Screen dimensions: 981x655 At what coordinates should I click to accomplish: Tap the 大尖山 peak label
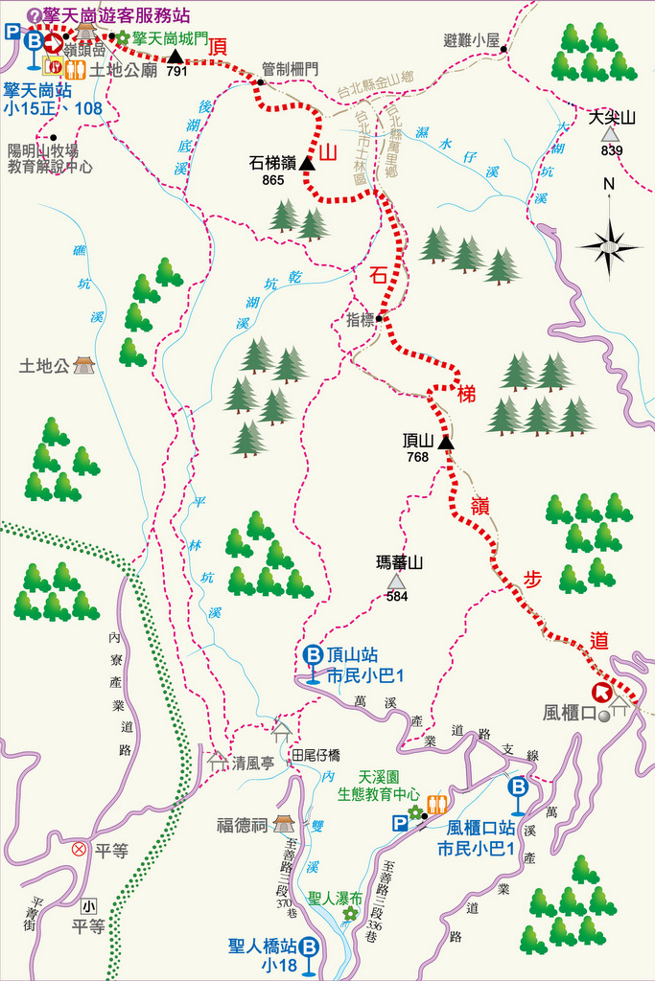[612, 119]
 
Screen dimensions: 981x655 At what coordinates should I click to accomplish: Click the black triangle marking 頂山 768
[445, 442]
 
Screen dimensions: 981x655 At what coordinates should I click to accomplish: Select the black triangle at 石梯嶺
[307, 163]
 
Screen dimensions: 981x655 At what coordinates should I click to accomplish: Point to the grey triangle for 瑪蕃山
[396, 581]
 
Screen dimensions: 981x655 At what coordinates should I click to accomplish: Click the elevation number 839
[612, 150]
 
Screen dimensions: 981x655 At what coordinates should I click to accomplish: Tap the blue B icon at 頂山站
[313, 655]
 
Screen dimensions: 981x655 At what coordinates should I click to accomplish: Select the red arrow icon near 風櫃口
[602, 692]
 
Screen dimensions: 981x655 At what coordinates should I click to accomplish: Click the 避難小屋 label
[472, 40]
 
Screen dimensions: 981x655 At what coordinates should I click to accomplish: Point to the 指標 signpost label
[361, 321]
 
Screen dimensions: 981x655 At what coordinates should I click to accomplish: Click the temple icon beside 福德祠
[284, 824]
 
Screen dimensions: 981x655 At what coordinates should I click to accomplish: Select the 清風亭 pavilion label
[253, 764]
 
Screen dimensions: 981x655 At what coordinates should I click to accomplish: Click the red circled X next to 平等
[79, 849]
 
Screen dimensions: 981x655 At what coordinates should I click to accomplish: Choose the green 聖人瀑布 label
[336, 899]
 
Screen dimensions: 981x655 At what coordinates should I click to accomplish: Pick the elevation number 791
[175, 71]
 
